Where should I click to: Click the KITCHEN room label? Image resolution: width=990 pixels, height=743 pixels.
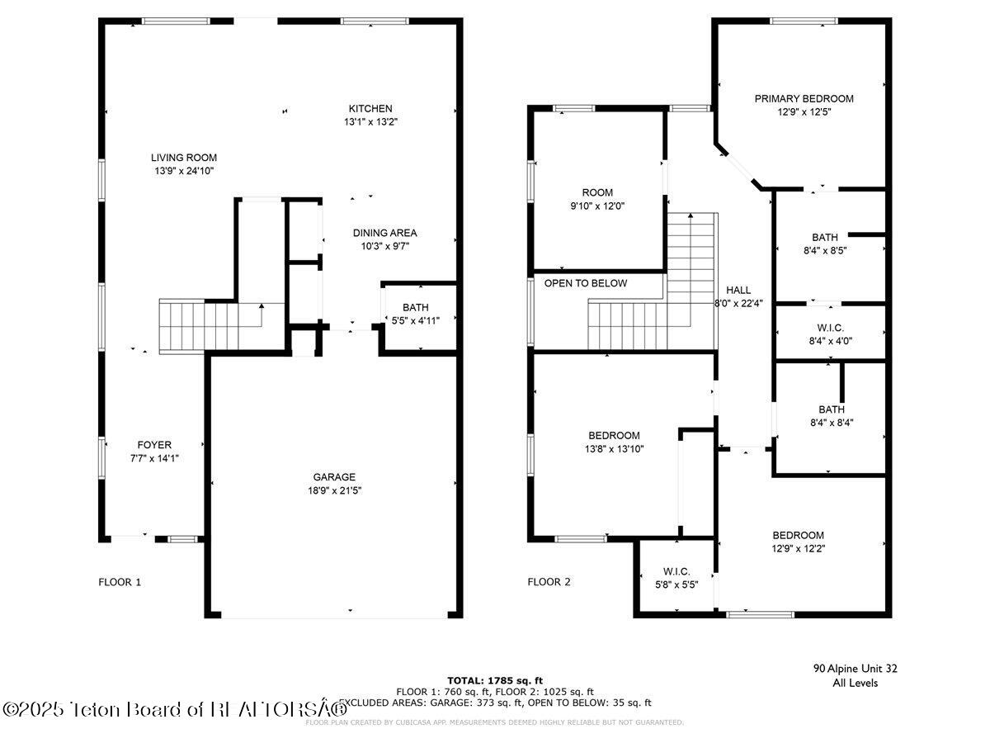tap(370, 108)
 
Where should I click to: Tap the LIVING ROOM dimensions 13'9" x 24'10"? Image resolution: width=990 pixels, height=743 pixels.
tap(183, 171)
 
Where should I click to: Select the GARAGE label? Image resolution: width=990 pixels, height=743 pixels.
tap(333, 476)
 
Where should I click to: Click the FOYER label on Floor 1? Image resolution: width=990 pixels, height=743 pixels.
tap(154, 445)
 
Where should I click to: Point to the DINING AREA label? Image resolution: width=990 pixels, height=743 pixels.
tap(384, 233)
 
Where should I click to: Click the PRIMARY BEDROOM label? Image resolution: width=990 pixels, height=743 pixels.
tap(804, 98)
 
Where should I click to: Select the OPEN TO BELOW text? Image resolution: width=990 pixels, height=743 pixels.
tap(585, 283)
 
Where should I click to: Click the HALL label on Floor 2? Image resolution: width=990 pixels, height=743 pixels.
tap(738, 290)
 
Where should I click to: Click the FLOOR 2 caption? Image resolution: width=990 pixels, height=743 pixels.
tap(549, 582)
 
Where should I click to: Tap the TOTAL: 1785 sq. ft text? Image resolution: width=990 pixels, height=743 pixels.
tap(494, 679)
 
